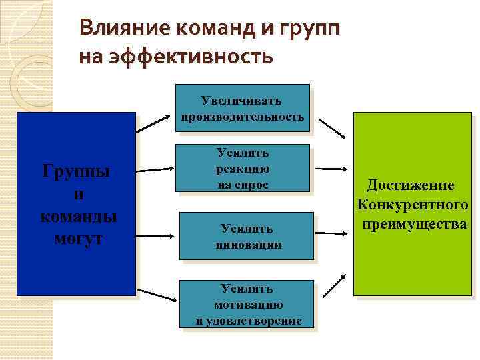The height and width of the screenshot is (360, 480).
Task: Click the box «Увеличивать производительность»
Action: pyautogui.click(x=243, y=108)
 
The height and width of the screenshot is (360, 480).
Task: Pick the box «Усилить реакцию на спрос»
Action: pyautogui.click(x=243, y=169)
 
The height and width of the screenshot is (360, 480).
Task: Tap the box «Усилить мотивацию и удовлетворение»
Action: pyautogui.click(x=247, y=304)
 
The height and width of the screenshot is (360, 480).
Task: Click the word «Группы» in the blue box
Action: pyautogui.click(x=76, y=171)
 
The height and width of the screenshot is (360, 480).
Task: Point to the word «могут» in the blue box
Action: pyautogui.click(x=76, y=239)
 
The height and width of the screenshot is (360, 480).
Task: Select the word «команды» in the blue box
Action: pyautogui.click(x=78, y=216)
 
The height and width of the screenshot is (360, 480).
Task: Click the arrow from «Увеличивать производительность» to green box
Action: pyautogui.click(x=331, y=128)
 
